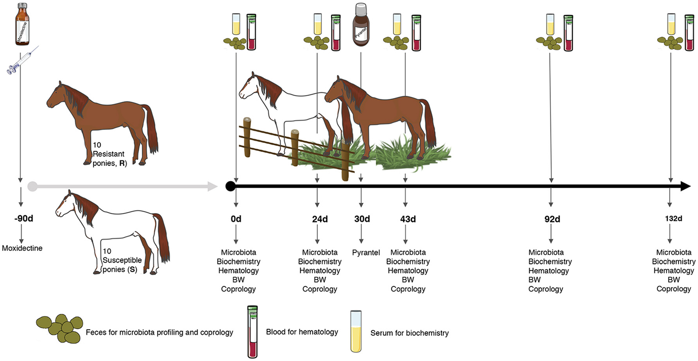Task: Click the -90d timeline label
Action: click(x=24, y=218)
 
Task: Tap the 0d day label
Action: click(x=236, y=219)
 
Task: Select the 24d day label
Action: click(x=320, y=219)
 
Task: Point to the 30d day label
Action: click(x=362, y=219)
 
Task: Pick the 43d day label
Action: click(x=408, y=219)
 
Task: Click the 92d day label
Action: click(x=552, y=219)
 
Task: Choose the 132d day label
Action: click(x=674, y=218)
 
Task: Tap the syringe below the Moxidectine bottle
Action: click(x=22, y=61)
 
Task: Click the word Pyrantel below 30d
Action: click(x=366, y=253)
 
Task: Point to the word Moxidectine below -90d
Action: click(x=22, y=248)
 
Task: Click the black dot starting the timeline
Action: click(x=230, y=186)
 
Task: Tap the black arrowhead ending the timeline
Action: click(x=685, y=186)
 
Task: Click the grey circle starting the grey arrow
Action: click(x=33, y=186)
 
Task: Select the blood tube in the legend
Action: click(x=252, y=331)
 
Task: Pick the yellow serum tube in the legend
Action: click(x=356, y=331)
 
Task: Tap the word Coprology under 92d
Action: click(x=546, y=289)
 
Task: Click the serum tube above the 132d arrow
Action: click(x=671, y=24)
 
